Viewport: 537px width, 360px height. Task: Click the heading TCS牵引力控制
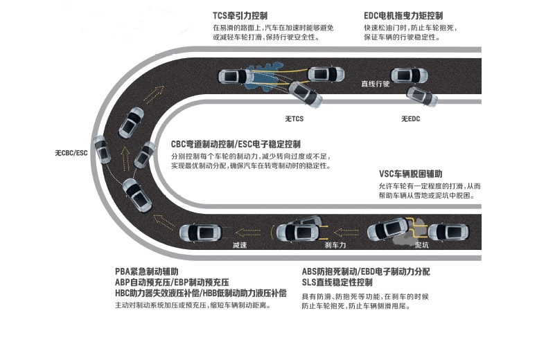pyautogui.click(x=240, y=16)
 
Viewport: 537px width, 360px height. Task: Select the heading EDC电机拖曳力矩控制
pyautogui.click(x=403, y=16)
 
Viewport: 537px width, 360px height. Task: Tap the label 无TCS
pyautogui.click(x=294, y=119)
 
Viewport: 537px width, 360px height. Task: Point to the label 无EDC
pyautogui.click(x=410, y=119)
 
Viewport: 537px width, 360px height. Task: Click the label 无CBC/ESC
pyautogui.click(x=71, y=153)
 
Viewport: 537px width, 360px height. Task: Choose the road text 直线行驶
pyautogui.click(x=376, y=84)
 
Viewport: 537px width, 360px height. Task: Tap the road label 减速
pyautogui.click(x=239, y=245)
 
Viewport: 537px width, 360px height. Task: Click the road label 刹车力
pyautogui.click(x=335, y=245)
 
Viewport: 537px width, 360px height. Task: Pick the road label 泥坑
pyautogui.click(x=421, y=245)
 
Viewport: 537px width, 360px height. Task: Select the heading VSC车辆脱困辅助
pyautogui.click(x=410, y=174)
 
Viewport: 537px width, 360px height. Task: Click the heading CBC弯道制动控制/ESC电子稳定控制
pyautogui.click(x=236, y=144)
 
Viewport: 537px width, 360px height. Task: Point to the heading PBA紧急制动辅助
pyautogui.click(x=147, y=271)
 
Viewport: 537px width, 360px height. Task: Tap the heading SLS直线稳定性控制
pyautogui.click(x=337, y=282)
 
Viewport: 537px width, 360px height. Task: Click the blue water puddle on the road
pyautogui.click(x=264, y=76)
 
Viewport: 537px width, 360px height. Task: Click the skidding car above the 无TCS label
pyautogui.click(x=306, y=94)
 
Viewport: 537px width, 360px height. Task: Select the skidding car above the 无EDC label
pyautogui.click(x=421, y=97)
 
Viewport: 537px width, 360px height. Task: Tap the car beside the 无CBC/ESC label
pyautogui.click(x=102, y=150)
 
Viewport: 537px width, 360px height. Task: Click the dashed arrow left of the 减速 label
pyautogui.click(x=164, y=221)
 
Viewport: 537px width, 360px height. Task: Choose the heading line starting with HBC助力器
pyautogui.click(x=201, y=294)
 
